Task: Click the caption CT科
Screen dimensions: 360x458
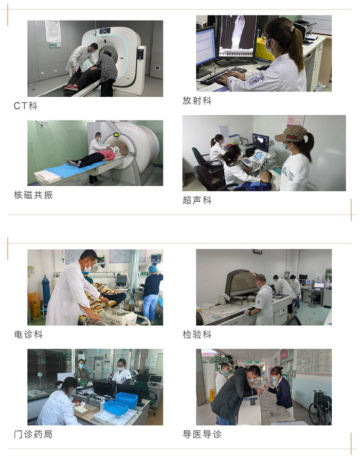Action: [x=25, y=105]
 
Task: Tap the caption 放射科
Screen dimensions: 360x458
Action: [x=197, y=100]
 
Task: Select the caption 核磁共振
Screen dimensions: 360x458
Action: [x=33, y=195]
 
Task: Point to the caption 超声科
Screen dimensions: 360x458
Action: [x=197, y=200]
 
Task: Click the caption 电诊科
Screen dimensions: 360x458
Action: [x=28, y=334]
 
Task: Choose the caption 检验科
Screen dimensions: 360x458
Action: [x=197, y=334]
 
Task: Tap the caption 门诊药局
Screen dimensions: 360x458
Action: [x=33, y=434]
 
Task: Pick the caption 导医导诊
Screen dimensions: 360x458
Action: [x=202, y=434]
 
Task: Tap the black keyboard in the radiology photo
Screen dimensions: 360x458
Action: [x=223, y=76]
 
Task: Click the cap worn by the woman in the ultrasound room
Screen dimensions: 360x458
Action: [x=290, y=134]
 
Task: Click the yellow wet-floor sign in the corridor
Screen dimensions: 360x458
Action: [x=212, y=395]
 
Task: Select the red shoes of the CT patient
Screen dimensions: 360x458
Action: [x=71, y=87]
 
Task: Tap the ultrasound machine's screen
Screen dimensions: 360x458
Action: [x=260, y=142]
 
